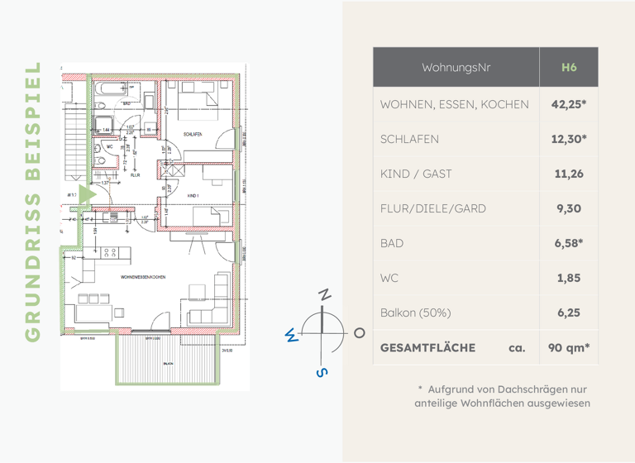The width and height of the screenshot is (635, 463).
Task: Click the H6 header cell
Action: point(568,67)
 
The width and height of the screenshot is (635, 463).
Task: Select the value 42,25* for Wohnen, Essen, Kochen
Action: point(568,104)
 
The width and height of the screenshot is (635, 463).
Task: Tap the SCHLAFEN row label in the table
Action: point(409,139)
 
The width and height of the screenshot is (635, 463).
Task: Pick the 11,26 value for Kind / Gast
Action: point(568,174)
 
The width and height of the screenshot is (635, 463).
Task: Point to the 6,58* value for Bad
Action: point(568,243)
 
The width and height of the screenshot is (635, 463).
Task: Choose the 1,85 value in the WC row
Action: point(568,278)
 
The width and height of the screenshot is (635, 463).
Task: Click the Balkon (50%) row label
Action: point(415,313)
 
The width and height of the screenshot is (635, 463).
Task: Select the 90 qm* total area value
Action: point(568,348)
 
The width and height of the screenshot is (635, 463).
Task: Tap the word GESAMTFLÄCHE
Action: point(427,348)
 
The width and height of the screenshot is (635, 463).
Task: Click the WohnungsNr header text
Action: point(456,67)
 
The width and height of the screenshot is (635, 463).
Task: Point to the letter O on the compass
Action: point(359,332)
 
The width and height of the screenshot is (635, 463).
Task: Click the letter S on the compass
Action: point(322,372)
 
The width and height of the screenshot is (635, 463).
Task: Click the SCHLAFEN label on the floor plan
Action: point(194,133)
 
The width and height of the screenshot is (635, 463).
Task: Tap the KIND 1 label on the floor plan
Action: point(193,196)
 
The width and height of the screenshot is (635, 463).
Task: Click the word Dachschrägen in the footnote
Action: point(532,389)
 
